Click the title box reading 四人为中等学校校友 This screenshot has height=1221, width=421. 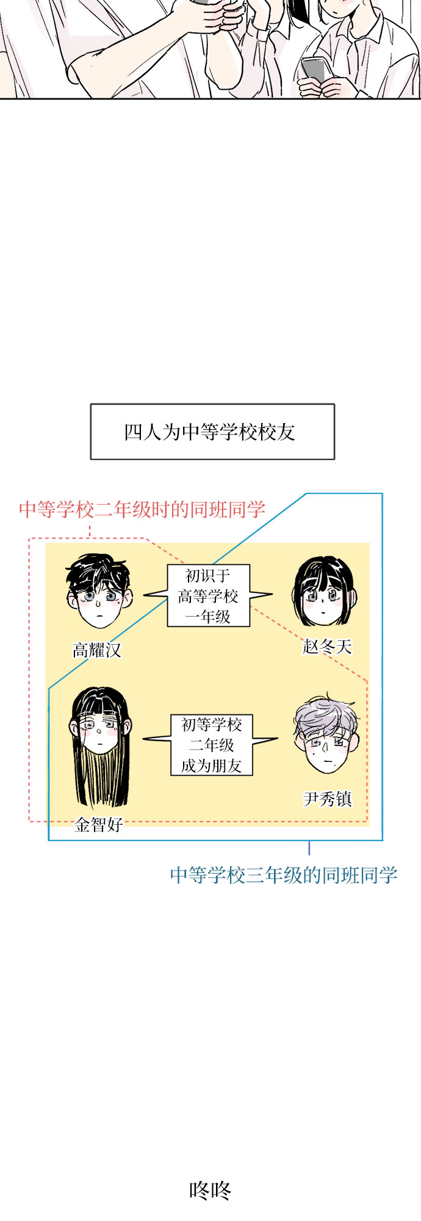212,432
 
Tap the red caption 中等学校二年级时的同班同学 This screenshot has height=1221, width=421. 142,509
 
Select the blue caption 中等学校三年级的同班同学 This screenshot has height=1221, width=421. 284,875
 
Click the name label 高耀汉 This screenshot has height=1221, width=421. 97,650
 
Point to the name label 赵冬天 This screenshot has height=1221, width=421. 328,647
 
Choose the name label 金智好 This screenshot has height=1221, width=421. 99,825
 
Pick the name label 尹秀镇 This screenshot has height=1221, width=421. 328,799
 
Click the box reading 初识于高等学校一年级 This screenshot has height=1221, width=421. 209,596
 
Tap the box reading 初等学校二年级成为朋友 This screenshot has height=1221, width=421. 212,745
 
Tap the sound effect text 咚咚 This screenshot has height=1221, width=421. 210,1190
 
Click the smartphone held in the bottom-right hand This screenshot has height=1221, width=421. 315,71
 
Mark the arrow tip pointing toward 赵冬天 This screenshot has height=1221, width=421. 273,594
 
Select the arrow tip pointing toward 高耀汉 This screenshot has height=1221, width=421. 144,595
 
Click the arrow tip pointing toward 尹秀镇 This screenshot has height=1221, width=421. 278,739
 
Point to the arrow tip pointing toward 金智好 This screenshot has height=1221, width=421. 144,739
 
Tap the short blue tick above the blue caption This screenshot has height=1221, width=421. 309,848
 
